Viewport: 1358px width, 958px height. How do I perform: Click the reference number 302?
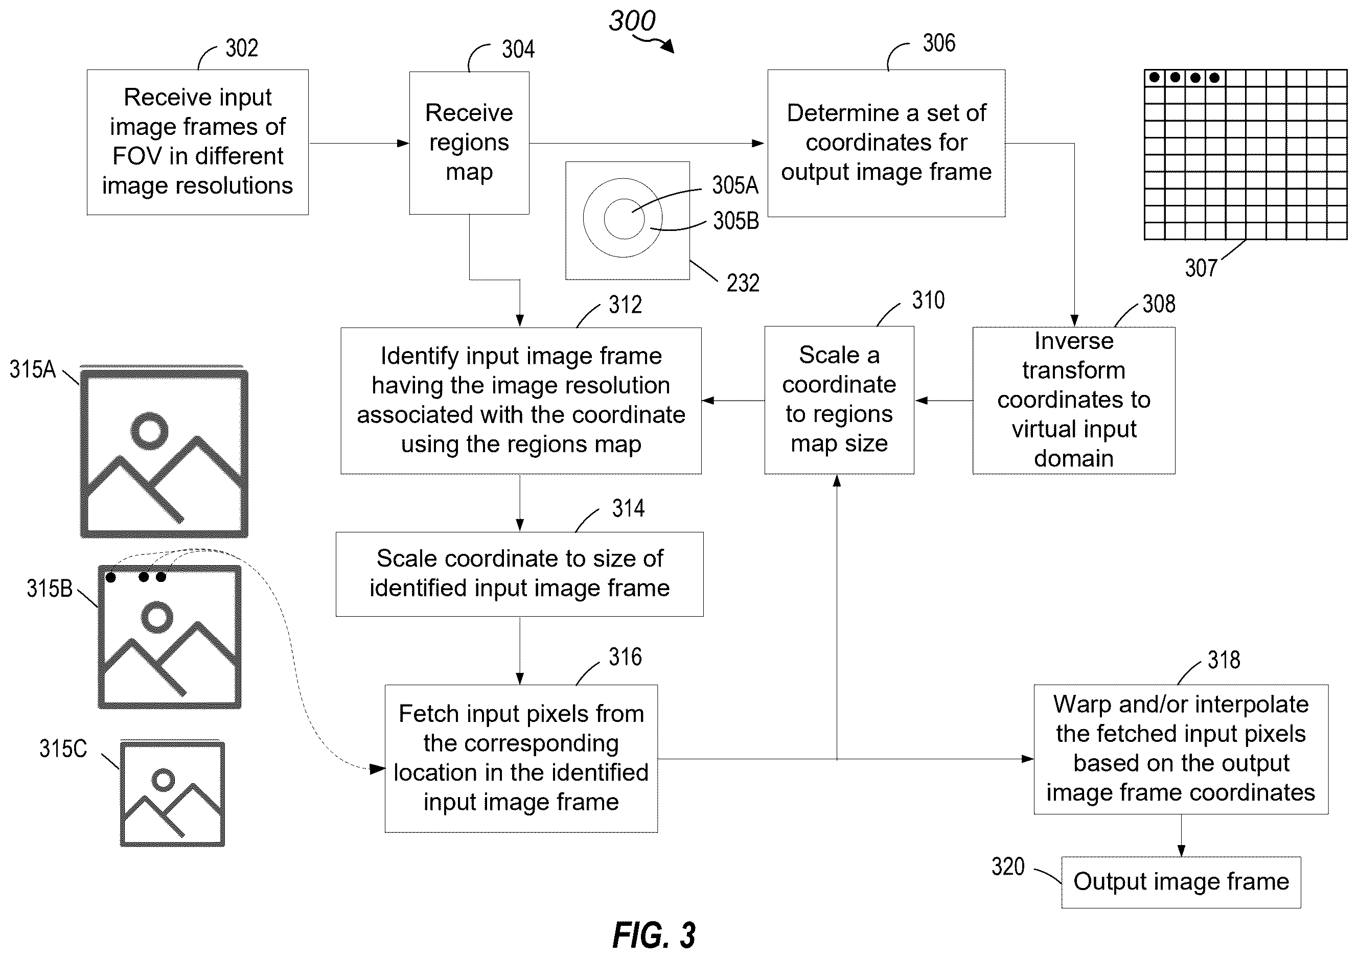[x=241, y=49]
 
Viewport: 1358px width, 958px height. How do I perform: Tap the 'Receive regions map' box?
[x=469, y=143]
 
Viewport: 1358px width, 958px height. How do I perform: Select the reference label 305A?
[x=734, y=185]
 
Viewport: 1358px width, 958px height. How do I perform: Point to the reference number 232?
[x=743, y=283]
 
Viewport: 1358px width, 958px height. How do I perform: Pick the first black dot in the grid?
[x=1154, y=78]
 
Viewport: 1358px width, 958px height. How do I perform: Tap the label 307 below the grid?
[x=1201, y=268]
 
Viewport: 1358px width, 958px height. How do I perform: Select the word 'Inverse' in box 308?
[x=1073, y=341]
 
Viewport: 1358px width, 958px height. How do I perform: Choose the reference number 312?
[x=625, y=305]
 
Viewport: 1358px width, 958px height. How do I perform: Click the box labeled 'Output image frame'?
[x=1181, y=882]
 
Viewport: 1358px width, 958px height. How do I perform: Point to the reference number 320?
[x=1008, y=867]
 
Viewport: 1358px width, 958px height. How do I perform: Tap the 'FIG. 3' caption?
[x=654, y=936]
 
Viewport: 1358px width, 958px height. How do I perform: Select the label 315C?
[x=63, y=749]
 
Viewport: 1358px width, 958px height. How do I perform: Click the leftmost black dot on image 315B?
[x=110, y=577]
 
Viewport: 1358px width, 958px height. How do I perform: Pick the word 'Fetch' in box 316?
[x=425, y=714]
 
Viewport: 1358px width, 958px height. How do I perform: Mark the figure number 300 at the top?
[x=632, y=21]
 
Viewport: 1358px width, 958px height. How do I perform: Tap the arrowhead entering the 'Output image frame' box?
[x=1181, y=852]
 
